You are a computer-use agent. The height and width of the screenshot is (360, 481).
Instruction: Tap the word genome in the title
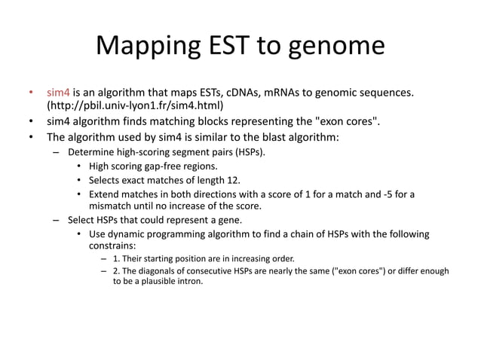click(x=339, y=46)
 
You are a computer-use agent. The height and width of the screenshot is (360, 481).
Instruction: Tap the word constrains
click(x=113, y=246)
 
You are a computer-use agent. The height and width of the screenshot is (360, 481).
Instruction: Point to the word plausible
click(x=158, y=282)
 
